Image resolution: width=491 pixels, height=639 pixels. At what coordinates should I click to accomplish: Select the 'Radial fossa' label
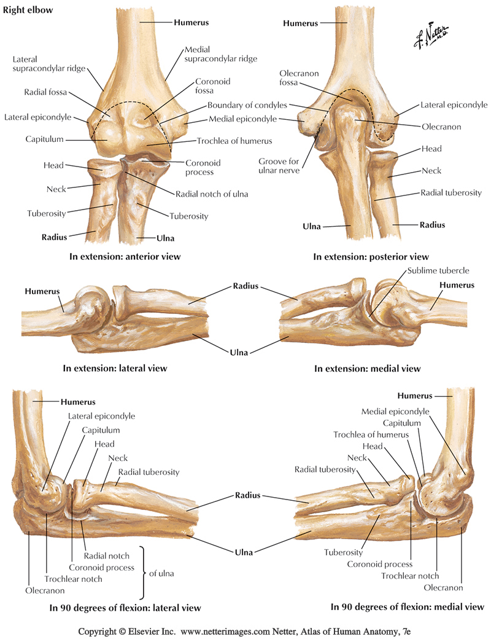click(45, 93)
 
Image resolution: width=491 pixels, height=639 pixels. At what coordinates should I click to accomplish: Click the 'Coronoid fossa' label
click(213, 86)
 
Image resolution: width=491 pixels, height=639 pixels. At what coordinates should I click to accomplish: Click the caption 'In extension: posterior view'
click(371, 257)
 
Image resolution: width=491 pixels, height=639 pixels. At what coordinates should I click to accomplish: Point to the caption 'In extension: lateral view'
click(115, 369)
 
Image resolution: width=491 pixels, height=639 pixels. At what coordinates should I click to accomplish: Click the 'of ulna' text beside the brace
click(161, 573)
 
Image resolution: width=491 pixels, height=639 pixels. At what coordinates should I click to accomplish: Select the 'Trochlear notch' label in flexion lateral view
click(73, 578)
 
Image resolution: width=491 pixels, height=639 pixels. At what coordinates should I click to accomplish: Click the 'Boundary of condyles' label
click(247, 105)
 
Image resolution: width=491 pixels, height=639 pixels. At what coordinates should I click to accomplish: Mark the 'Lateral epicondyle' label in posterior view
click(454, 105)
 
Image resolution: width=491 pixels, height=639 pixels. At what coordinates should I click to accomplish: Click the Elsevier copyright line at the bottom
click(245, 631)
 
